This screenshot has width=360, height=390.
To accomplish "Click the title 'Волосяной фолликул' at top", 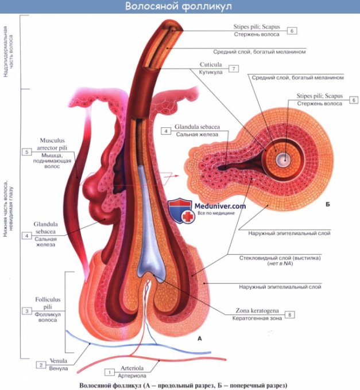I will coord(179,7).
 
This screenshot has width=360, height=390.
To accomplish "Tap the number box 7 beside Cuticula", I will coord(233,68).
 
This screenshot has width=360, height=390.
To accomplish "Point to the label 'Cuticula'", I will coord(208,65).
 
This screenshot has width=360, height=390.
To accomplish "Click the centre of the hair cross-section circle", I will coord(281,160).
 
